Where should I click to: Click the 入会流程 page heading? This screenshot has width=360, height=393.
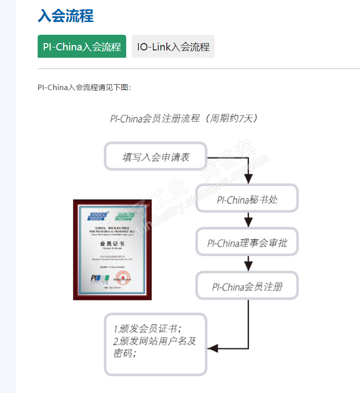(66, 16)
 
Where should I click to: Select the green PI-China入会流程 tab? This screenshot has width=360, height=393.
(82, 47)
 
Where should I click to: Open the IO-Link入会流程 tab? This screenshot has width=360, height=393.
(173, 47)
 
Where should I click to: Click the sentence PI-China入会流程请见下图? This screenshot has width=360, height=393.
(84, 88)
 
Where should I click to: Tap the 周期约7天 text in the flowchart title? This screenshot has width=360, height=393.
(230, 118)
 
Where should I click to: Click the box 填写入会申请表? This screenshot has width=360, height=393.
(156, 157)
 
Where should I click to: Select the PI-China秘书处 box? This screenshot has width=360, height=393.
(247, 199)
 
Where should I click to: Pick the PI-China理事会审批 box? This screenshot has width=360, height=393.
(247, 242)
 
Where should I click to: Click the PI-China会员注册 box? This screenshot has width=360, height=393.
(247, 286)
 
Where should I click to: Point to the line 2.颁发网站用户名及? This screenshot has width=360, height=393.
(155, 341)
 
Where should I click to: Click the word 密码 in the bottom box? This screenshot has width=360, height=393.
(124, 353)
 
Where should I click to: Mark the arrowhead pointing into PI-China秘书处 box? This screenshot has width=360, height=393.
(248, 179)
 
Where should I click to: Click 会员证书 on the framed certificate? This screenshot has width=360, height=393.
(112, 243)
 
